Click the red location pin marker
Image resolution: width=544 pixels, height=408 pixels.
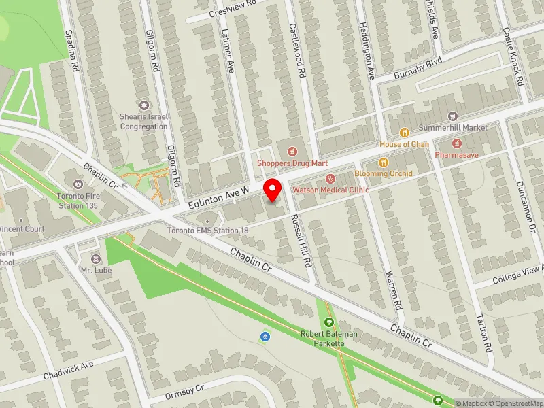click(x=273, y=188)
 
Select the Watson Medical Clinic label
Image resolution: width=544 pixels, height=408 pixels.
click(x=330, y=190)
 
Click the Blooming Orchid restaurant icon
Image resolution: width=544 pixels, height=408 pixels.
click(x=383, y=162)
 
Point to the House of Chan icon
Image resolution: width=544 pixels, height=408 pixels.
click(x=404, y=133)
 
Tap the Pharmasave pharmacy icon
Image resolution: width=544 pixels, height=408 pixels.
click(x=456, y=143)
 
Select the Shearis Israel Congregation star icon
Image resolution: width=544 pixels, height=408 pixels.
click(x=144, y=105)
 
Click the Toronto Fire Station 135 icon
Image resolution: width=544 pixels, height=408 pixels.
click(x=78, y=184)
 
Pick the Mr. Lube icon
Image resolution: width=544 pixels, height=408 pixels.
click(x=95, y=259)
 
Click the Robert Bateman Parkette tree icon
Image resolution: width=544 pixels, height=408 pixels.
click(x=329, y=323)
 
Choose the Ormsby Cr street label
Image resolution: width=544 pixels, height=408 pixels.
click(x=185, y=392)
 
